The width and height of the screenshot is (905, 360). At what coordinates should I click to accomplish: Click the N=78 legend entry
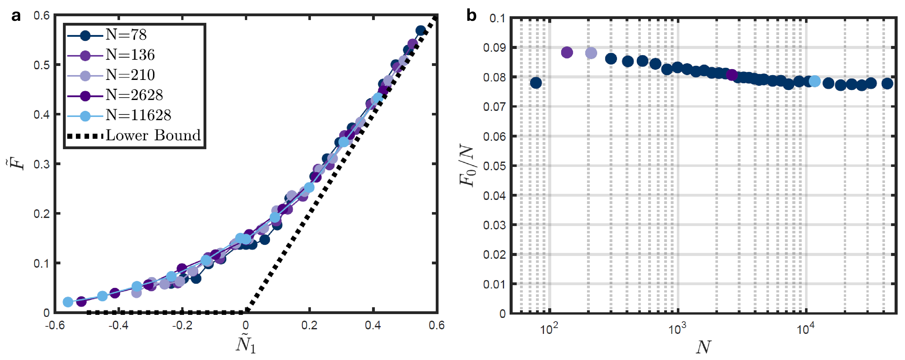pos(126,35)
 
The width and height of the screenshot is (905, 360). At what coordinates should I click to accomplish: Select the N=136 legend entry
pos(130,55)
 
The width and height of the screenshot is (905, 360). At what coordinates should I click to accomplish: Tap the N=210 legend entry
pos(130,75)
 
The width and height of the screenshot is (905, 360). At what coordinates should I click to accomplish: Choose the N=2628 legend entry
pos(134,95)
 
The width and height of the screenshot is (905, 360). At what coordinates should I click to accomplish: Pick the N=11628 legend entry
pos(138,115)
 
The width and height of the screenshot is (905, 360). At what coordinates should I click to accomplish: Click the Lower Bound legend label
pos(153,135)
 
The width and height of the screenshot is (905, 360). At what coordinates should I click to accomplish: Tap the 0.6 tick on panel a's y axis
pos(41,16)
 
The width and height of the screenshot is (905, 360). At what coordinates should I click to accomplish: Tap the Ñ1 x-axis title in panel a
pos(246,344)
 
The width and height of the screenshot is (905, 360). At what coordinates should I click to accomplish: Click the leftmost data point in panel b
pos(536,83)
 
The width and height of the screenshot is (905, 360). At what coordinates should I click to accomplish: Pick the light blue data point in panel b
pos(815,81)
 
